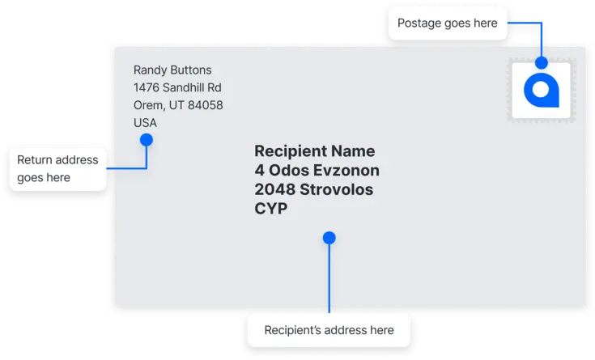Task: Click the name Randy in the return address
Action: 151,70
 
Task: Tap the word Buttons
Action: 191,70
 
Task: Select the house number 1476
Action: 146,87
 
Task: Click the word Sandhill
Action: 183,87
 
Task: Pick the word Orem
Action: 149,106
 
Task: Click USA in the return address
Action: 145,123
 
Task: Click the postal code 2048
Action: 274,189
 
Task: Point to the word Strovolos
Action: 336,189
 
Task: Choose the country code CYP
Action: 271,209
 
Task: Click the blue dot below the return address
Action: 147,140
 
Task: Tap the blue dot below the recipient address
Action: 329,238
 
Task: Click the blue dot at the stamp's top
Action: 542,62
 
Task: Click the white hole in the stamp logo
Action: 541,90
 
